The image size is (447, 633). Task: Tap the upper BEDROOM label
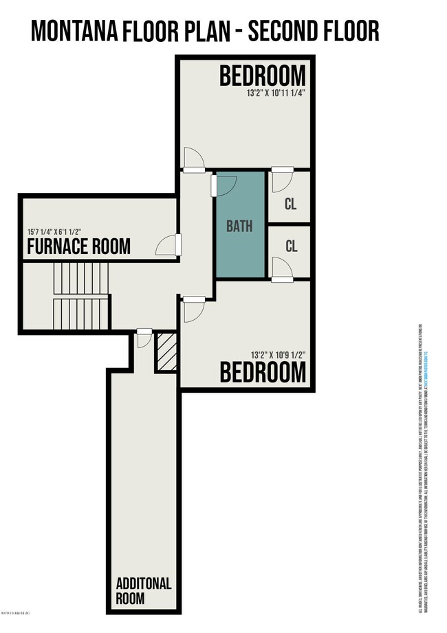click(x=262, y=76)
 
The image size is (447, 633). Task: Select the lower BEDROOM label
click(x=262, y=371)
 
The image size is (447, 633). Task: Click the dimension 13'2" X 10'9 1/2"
click(x=268, y=354)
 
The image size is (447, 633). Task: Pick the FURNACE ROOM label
click(x=78, y=246)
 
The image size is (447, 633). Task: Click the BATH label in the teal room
click(x=239, y=225)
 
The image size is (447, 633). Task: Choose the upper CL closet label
click(x=291, y=205)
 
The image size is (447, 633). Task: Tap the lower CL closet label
click(x=291, y=246)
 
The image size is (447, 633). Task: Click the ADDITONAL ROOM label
click(x=140, y=590)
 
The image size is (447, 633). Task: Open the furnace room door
click(x=168, y=244)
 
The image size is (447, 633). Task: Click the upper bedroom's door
click(x=194, y=159)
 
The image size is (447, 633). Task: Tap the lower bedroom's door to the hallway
click(x=193, y=309)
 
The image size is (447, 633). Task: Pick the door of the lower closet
click(x=281, y=269)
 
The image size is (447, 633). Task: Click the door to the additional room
click(x=144, y=338)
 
